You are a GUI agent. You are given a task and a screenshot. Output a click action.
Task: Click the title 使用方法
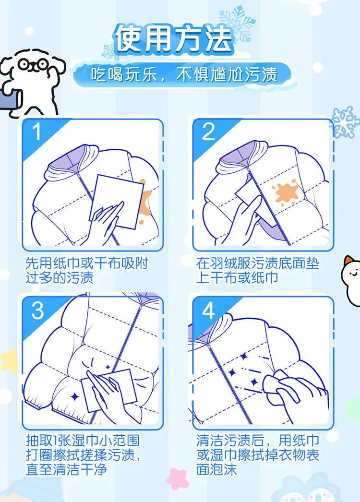(173, 39)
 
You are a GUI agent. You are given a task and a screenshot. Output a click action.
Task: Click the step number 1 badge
(37, 131)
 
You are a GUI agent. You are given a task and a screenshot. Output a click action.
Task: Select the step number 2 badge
(208, 131)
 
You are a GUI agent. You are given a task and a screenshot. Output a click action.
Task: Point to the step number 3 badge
(37, 310)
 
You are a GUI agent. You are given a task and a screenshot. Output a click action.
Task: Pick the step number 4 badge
(208, 310)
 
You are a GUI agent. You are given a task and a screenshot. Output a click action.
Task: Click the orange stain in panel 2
(286, 193)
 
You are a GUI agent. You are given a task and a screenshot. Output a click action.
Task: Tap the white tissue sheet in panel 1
(117, 202)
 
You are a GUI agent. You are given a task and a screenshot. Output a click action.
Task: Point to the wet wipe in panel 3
(109, 390)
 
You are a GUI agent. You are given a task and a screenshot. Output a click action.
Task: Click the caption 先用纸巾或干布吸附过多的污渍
(86, 270)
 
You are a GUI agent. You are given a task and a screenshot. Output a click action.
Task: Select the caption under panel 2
(258, 270)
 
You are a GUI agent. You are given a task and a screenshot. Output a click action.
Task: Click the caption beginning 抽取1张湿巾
(83, 454)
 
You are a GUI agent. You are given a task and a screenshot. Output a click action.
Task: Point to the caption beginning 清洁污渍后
(258, 454)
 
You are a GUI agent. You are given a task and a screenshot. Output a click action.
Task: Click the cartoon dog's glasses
(33, 64)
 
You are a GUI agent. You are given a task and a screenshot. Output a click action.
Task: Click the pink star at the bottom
(177, 478)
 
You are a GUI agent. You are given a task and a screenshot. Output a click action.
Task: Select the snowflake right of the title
(237, 24)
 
